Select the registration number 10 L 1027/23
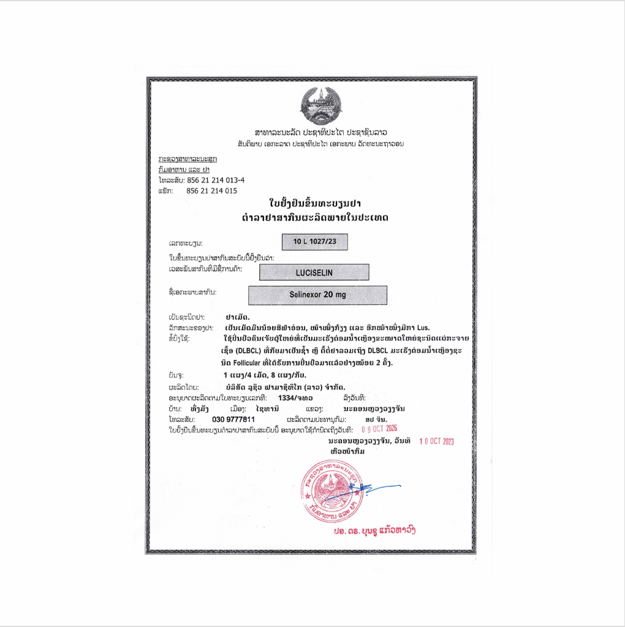[315, 242]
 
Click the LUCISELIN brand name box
[314, 272]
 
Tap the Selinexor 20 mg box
[317, 295]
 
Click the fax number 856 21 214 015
[211, 190]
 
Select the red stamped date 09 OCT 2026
[379, 429]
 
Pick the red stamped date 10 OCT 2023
[436, 440]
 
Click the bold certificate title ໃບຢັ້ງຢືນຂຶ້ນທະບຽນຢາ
[316, 203]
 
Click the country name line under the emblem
[316, 132]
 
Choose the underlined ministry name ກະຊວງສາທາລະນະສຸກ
[187, 159]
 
